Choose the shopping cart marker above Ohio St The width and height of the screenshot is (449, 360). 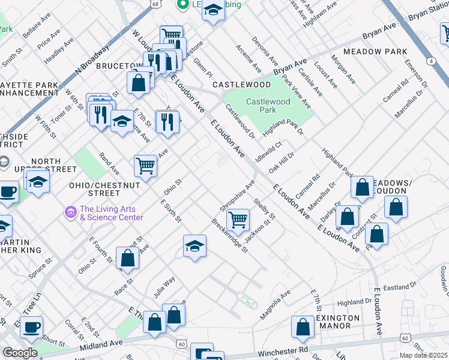[146, 166]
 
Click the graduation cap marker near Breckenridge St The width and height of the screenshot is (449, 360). [194, 246]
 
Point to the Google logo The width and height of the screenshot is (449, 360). [20, 353]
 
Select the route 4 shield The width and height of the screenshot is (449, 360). [430, 61]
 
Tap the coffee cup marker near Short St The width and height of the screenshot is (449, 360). [31, 328]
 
